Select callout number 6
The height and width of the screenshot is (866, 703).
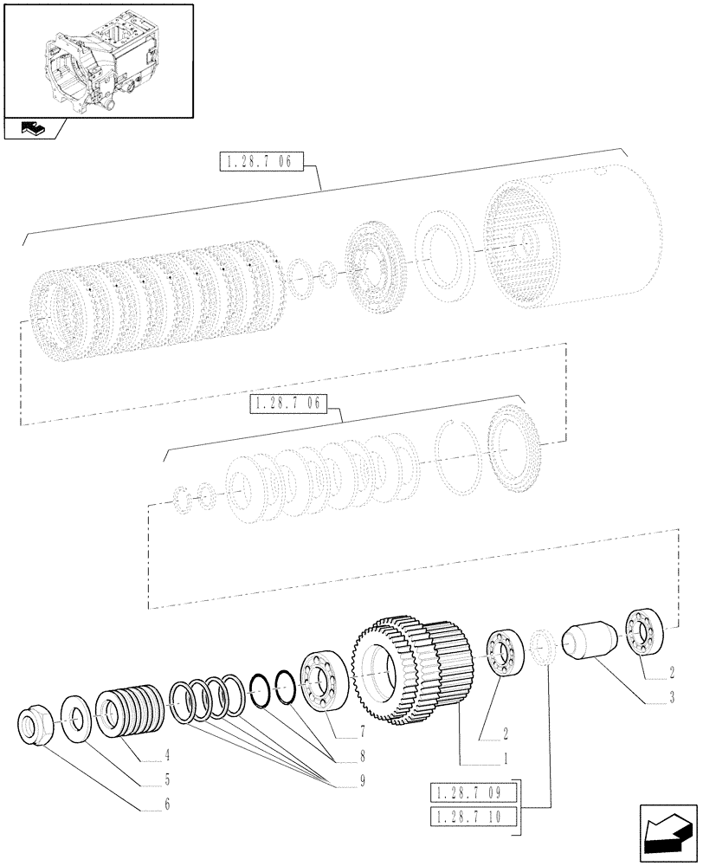click(167, 805)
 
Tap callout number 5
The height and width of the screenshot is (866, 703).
click(167, 779)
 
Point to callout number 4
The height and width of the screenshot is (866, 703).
click(167, 754)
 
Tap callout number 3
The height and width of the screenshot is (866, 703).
click(673, 696)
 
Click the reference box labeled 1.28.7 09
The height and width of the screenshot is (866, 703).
click(473, 792)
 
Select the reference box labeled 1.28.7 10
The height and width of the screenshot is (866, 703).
click(473, 817)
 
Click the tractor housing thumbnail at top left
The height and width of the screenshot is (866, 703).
click(97, 61)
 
